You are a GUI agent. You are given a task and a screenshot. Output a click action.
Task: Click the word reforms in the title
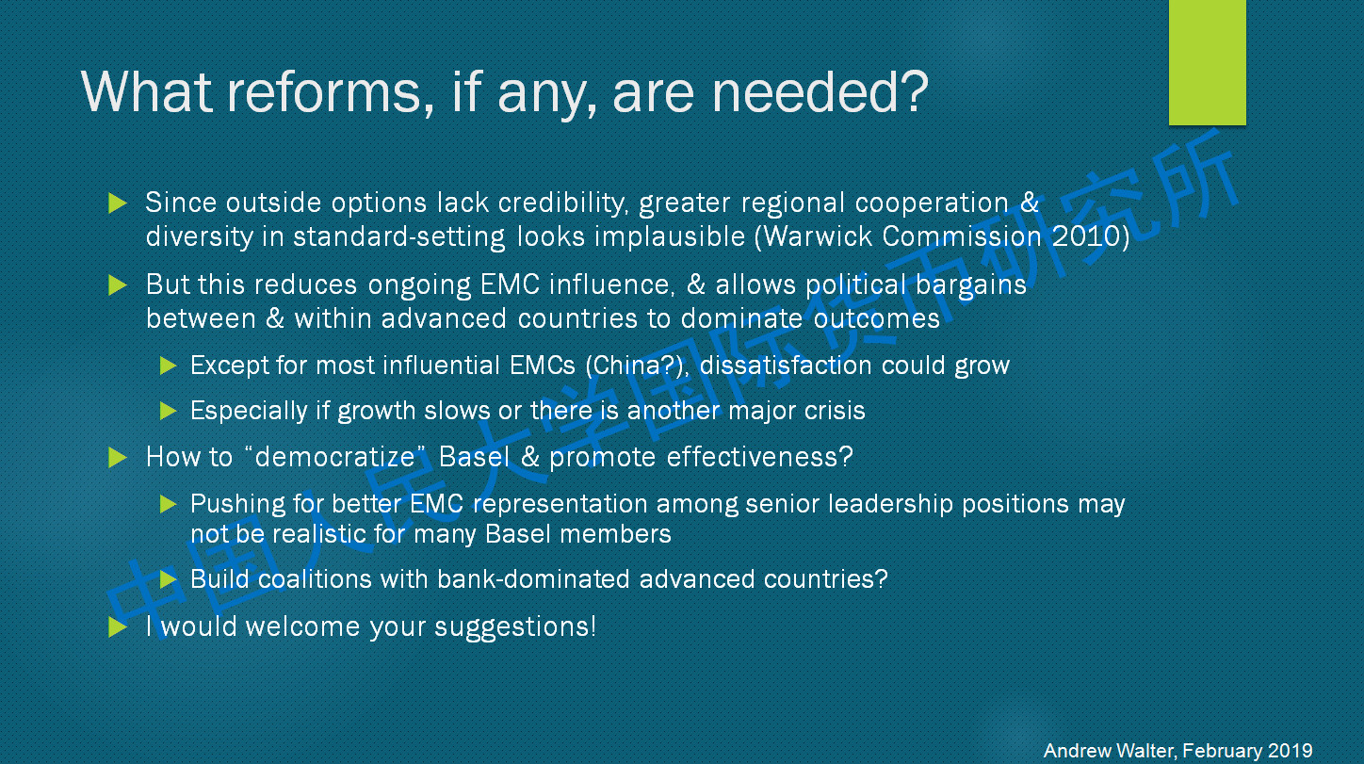324,92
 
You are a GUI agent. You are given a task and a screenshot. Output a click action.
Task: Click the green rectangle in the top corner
1207,62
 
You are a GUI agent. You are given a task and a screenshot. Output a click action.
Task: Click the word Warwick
818,236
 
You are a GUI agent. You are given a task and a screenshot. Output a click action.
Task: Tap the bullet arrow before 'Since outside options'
117,203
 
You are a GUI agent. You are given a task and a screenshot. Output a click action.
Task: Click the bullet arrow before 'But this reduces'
117,284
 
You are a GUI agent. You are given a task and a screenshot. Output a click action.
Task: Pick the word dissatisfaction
786,366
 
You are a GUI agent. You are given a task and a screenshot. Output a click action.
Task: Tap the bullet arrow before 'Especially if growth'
168,411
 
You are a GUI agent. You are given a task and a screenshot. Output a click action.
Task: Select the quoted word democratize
334,457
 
